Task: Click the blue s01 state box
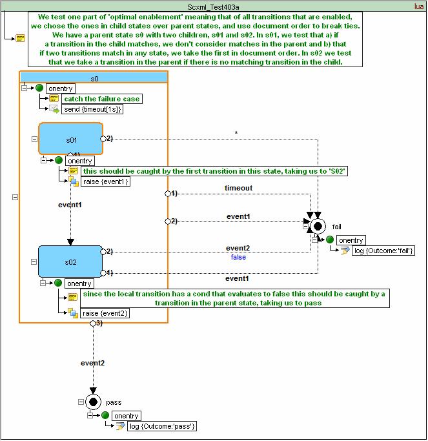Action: [x=70, y=139]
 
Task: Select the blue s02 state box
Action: [x=70, y=262]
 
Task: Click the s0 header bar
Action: [x=94, y=78]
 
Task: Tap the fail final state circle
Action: [x=317, y=226]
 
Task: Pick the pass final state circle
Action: [x=93, y=402]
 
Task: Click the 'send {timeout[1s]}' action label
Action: [x=93, y=109]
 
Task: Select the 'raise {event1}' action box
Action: [x=106, y=181]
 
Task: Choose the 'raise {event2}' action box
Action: [x=106, y=313]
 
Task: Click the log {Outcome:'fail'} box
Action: [x=383, y=251]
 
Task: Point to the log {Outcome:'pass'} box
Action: [x=162, y=426]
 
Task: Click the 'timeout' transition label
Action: [x=238, y=188]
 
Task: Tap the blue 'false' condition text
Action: [x=238, y=257]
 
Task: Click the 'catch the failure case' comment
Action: [x=102, y=99]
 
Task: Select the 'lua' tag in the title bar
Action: [x=419, y=6]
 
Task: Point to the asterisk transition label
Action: [x=236, y=133]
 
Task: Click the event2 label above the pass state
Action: [x=92, y=363]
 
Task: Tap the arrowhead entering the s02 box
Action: [x=70, y=242]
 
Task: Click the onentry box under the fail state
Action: [x=351, y=240]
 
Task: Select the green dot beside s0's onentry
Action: [x=39, y=88]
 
